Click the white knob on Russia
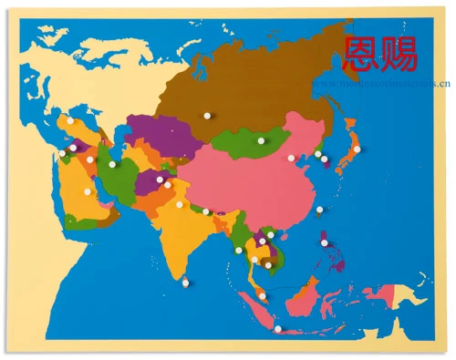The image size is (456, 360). pyautogui.click(x=207, y=116)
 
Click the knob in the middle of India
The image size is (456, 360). pyautogui.click(x=180, y=204)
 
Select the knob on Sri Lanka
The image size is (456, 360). pyautogui.click(x=185, y=283)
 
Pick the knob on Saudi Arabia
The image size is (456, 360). pyautogui.click(x=88, y=192)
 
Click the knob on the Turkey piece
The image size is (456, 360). pyautogui.click(x=69, y=119)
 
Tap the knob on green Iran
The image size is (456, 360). pyautogui.click(x=112, y=164)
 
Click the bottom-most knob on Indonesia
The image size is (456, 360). pyautogui.click(x=278, y=328)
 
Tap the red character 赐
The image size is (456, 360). pyautogui.click(x=399, y=53)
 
